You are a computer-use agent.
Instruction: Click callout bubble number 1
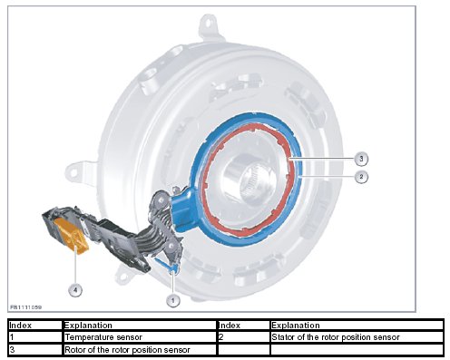click(173, 300)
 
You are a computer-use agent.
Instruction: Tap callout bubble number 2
click(361, 177)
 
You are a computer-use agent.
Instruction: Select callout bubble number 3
click(361, 159)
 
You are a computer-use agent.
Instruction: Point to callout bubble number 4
click(75, 290)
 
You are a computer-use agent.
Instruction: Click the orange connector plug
click(72, 236)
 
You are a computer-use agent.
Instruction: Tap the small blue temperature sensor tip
click(173, 268)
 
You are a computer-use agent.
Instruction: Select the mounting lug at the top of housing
click(209, 25)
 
